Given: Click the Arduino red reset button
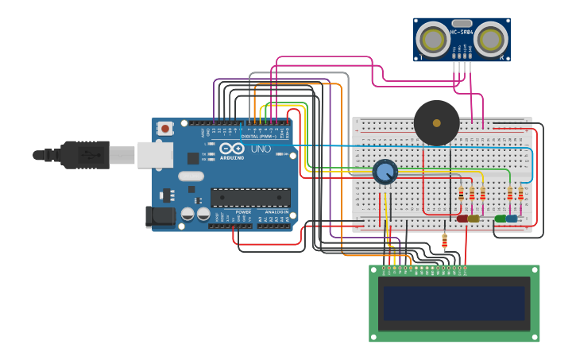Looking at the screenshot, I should pyautogui.click(x=165, y=128).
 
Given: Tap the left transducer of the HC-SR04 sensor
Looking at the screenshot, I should pyautogui.click(x=433, y=39).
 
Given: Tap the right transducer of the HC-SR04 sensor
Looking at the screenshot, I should pyautogui.click(x=490, y=38).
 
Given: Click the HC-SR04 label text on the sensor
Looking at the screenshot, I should pyautogui.click(x=462, y=33).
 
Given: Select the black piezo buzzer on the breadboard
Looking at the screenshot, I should pyautogui.click(x=436, y=122).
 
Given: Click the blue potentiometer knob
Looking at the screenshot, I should pyautogui.click(x=385, y=172).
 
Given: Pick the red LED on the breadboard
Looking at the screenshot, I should pyautogui.click(x=462, y=218).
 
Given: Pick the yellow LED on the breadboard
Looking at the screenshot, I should pyautogui.click(x=474, y=218).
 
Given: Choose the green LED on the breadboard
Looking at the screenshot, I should pyautogui.click(x=500, y=218).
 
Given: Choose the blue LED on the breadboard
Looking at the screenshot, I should pyautogui.click(x=512, y=218).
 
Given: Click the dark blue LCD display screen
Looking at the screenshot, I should pyautogui.click(x=454, y=303).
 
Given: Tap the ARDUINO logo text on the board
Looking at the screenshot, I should pyautogui.click(x=232, y=157).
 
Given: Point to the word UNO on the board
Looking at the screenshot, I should pyautogui.click(x=261, y=149).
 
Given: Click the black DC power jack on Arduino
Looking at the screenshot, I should pyautogui.click(x=160, y=216).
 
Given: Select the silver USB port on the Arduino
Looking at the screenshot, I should pyautogui.click(x=155, y=155).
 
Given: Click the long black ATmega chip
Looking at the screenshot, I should pyautogui.click(x=250, y=197).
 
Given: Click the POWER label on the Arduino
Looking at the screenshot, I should pyautogui.click(x=243, y=212).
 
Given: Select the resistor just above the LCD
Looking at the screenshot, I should pyautogui.click(x=444, y=240).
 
